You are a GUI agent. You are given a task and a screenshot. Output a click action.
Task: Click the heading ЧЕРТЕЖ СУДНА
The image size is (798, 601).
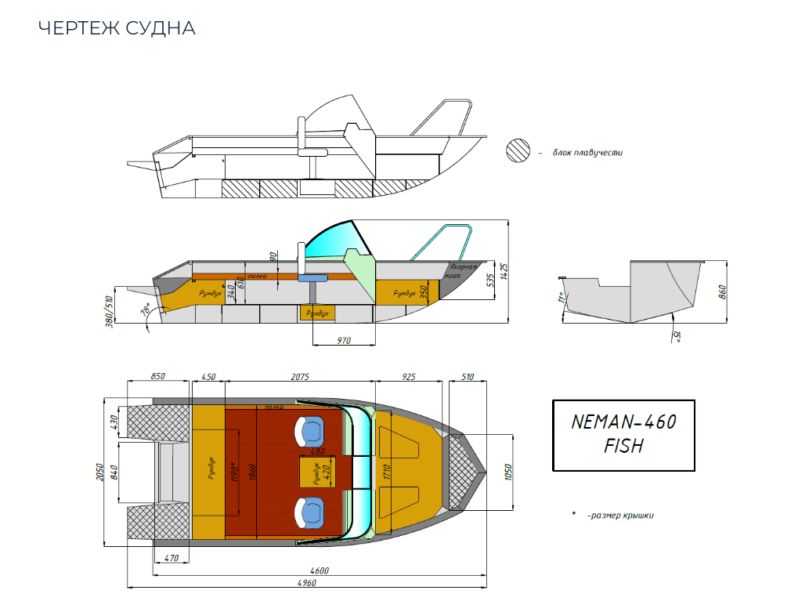[117, 29]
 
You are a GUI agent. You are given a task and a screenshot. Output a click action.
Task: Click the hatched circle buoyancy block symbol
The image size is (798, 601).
[518, 150]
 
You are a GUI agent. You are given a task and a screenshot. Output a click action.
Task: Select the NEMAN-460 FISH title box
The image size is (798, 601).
[623, 435]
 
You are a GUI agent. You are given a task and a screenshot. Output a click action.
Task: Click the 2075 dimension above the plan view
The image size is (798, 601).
[300, 377]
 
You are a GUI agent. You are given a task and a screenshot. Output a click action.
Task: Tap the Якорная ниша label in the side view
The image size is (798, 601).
[460, 271]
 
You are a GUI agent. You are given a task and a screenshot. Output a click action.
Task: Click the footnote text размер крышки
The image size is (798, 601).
[619, 515]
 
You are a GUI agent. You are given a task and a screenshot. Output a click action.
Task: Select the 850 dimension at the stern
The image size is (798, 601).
[158, 377]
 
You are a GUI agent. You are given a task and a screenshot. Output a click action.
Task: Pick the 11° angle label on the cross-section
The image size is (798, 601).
[561, 299]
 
